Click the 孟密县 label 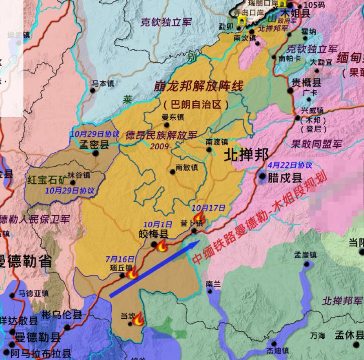click(94, 145)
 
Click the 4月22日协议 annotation click(290, 165)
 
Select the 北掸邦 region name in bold click(246, 155)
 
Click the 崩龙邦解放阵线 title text click(198, 86)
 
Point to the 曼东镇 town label click(172, 118)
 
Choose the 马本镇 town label click(103, 84)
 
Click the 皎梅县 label click(154, 234)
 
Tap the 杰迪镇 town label click(277, 350)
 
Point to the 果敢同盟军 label click(316, 144)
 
